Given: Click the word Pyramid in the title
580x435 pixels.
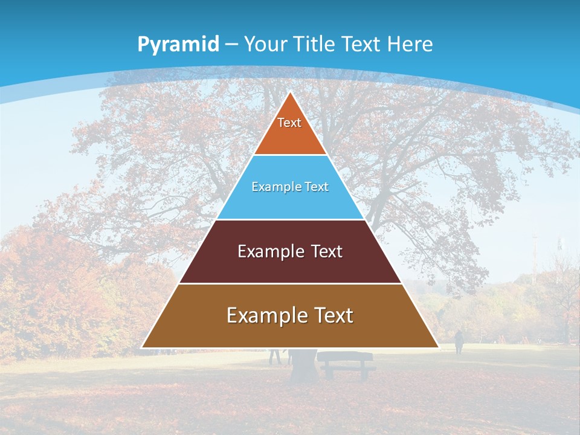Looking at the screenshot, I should pos(178,44).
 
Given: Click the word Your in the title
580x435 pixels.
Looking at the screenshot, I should pos(266,44).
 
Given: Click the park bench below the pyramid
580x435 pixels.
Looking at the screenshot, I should pos(345,364).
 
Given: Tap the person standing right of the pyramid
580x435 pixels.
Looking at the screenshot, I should pos(459,342).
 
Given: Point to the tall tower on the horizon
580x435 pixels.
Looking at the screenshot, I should pos(534,254).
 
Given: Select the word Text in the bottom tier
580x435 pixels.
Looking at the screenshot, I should pos(333,315).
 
